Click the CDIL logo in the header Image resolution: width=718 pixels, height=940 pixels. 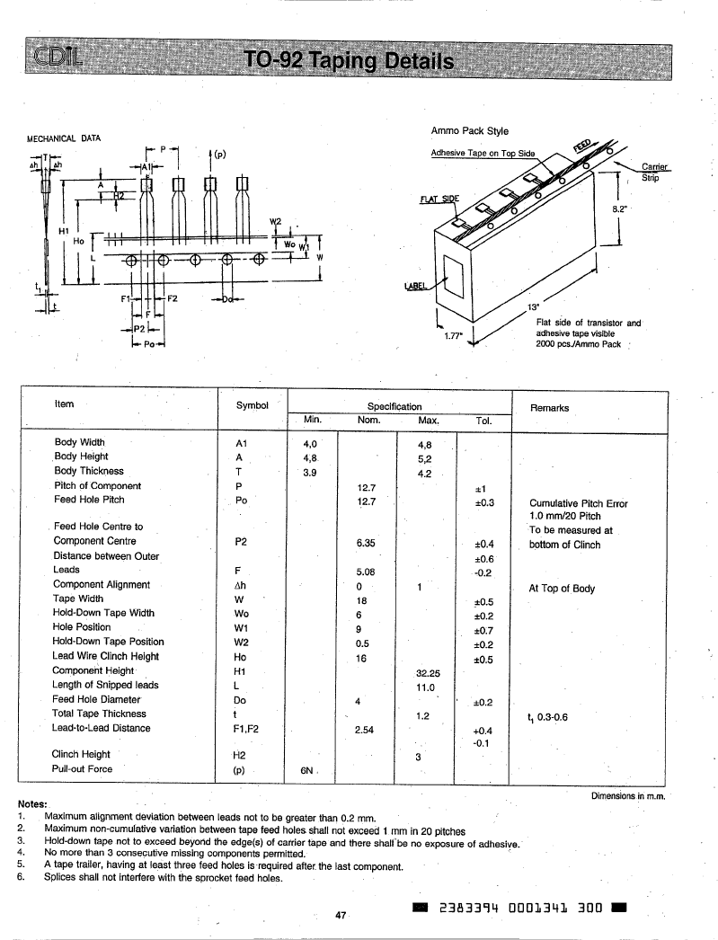(58, 58)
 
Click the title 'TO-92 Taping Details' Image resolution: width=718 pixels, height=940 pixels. (349, 60)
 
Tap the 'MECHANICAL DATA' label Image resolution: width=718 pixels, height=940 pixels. (64, 138)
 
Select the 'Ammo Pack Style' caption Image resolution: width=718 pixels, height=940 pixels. (469, 130)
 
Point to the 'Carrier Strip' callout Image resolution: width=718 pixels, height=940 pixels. (653, 172)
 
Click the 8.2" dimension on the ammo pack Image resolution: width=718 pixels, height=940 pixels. (619, 208)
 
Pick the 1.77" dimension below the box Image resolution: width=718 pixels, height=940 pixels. (453, 336)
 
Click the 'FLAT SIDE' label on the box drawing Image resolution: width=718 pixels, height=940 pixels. (439, 199)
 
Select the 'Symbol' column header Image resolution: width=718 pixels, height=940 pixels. (252, 405)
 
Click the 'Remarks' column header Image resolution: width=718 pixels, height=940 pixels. (549, 408)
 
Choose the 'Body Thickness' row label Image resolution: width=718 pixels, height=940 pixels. (89, 471)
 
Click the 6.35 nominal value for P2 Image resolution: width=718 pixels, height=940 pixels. (366, 543)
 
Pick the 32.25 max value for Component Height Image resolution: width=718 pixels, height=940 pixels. (428, 673)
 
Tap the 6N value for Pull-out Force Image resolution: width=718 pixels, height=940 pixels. (306, 770)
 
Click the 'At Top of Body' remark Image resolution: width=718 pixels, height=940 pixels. (562, 589)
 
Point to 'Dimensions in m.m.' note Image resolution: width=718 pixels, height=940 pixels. (628, 796)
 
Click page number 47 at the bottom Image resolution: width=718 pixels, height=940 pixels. (341, 916)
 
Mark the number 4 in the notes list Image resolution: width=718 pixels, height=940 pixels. (21, 852)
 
